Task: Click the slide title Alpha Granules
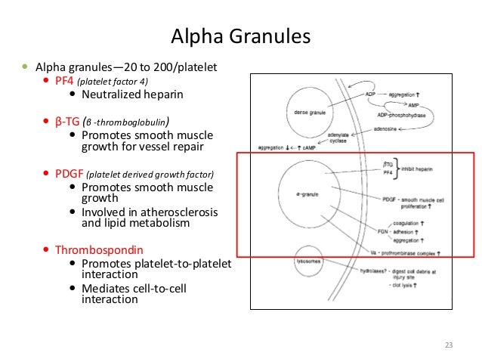point(241,36)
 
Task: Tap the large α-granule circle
point(307,194)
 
